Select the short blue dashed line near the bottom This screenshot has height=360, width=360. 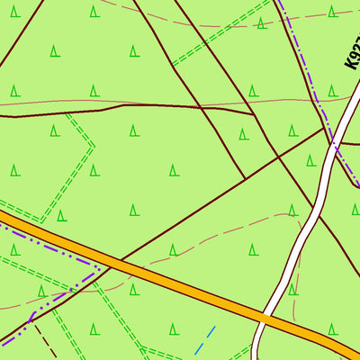(x=205, y=339)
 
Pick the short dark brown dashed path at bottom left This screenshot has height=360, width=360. (x=45, y=346)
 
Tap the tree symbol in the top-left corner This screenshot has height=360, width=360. (x=14, y=12)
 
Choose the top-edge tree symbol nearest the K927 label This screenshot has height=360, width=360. (x=332, y=12)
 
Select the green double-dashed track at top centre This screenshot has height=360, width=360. (x=216, y=36)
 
